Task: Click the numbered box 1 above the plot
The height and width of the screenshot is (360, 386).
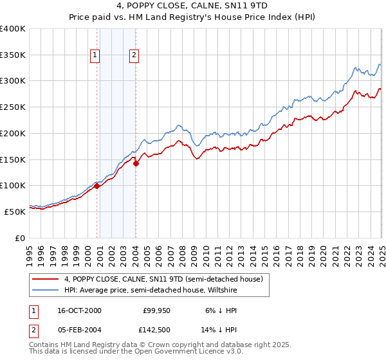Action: point(95,55)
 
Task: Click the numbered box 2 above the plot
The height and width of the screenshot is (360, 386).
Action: point(134,55)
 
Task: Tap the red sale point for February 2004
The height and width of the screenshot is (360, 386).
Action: point(136,163)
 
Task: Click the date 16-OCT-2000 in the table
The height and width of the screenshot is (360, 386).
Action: point(78,310)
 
